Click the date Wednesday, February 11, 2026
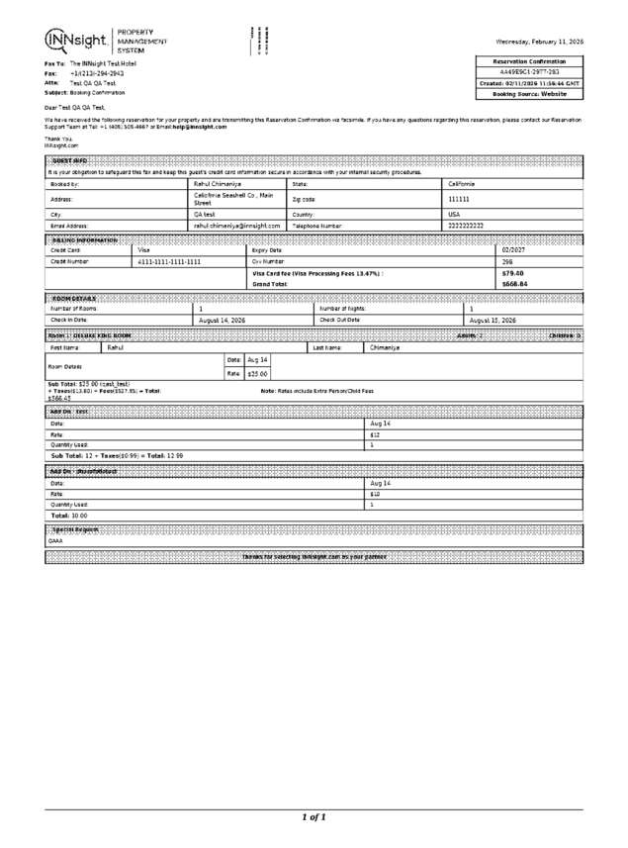tap(539, 43)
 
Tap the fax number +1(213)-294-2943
tap(97, 73)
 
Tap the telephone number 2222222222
tap(466, 226)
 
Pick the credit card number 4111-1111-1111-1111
tap(168, 261)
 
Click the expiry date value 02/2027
tap(514, 250)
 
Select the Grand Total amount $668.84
tap(514, 284)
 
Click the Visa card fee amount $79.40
tap(512, 273)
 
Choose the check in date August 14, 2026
tap(223, 321)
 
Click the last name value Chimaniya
tap(385, 348)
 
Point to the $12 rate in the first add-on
tap(375, 434)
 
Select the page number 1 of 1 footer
tap(314, 817)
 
